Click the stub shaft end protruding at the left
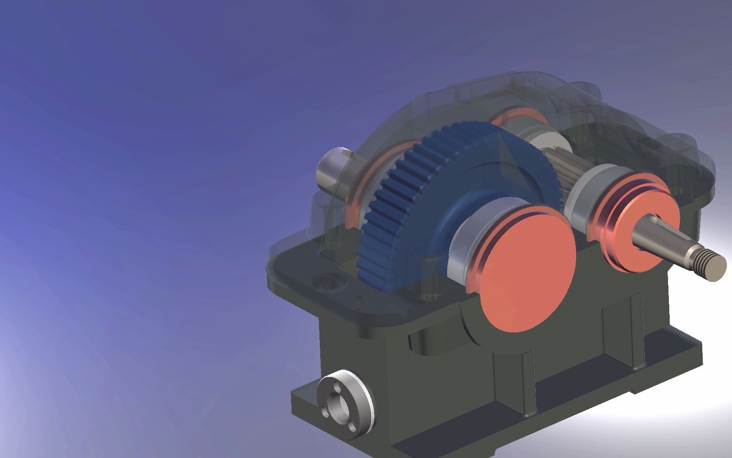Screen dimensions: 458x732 [328, 174]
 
